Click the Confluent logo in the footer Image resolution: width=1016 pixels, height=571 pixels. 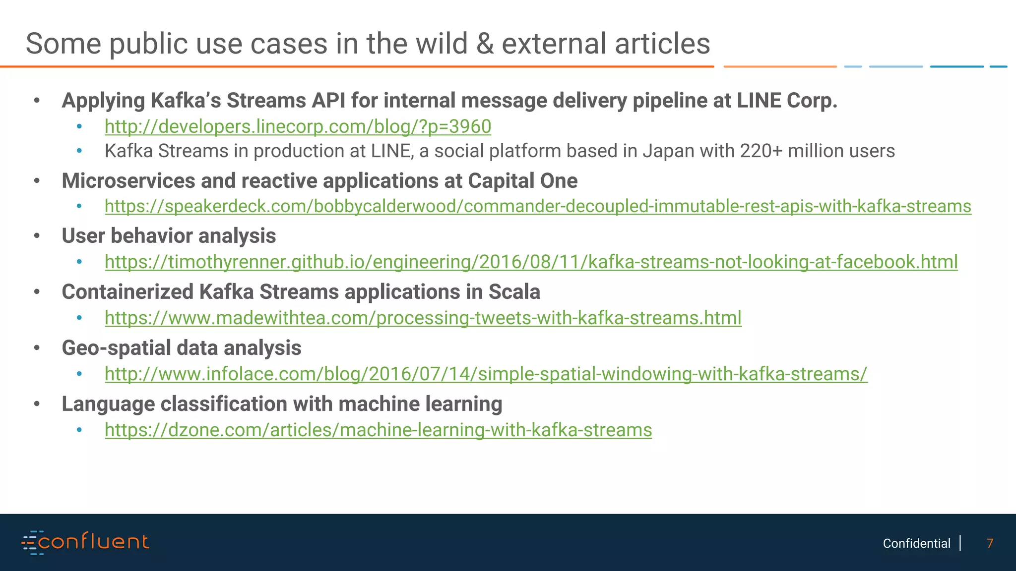point(85,542)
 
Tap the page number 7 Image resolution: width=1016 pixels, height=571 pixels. point(990,543)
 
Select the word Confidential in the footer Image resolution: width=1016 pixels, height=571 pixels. point(916,543)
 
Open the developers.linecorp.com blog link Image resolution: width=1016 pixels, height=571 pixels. point(298,126)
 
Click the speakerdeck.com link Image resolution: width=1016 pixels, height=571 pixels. point(538,206)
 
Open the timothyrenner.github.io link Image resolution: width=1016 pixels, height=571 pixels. point(531,262)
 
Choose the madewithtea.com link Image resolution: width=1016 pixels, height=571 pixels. point(423,318)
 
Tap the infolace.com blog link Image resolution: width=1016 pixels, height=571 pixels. point(486,374)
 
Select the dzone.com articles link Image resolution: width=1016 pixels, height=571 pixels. point(378,430)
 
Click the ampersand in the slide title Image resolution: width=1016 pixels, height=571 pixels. point(485,44)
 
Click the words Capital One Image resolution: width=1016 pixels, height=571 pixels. point(522,181)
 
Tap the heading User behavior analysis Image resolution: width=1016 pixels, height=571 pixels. point(169,236)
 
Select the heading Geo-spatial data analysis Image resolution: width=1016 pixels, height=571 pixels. point(181,348)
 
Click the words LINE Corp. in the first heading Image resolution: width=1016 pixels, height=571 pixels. point(787,101)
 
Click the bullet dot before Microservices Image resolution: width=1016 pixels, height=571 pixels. point(37,181)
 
